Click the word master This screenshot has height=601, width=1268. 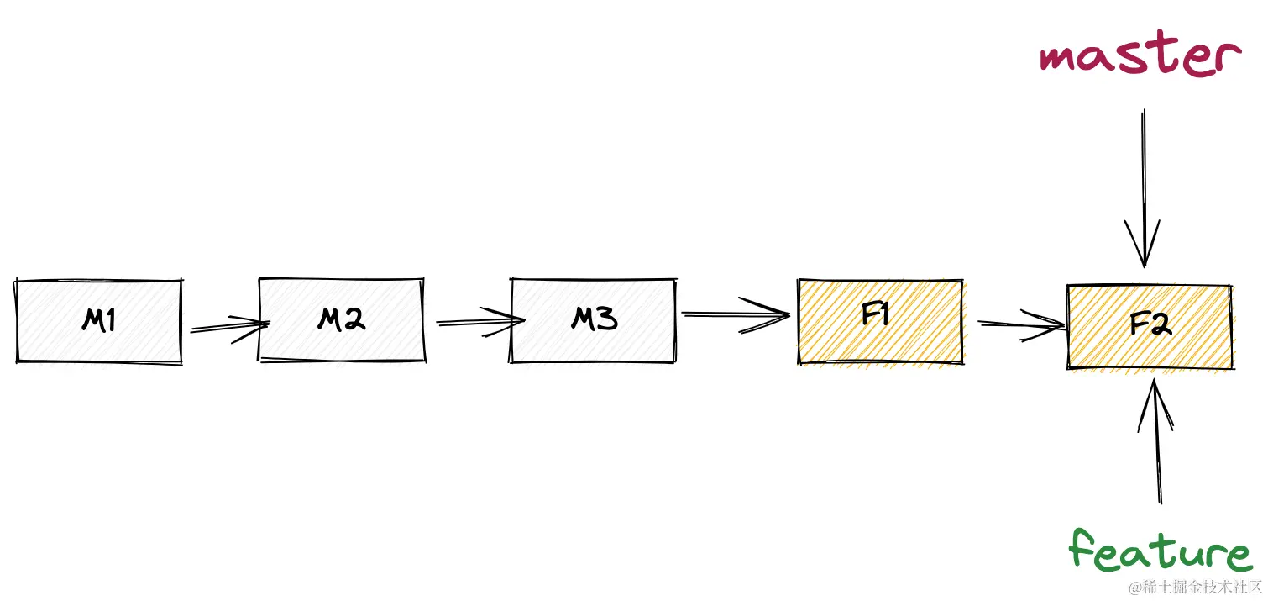[1140, 57]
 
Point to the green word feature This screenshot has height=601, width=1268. [1160, 552]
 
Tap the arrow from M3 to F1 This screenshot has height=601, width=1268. [735, 315]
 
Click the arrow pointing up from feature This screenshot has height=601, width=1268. [1158, 441]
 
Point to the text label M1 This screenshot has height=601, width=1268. [98, 320]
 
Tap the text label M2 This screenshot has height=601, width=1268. [341, 319]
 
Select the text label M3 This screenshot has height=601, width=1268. [594, 319]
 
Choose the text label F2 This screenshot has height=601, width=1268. [1150, 324]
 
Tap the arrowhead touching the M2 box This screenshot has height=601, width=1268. [256, 324]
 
